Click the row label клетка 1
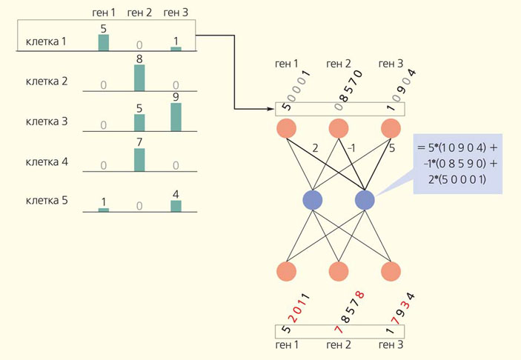(46, 41)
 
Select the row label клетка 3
(46, 120)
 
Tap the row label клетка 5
(46, 200)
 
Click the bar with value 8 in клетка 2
(139, 78)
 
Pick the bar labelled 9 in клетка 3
(176, 116)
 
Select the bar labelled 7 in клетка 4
(139, 159)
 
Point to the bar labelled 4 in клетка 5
(176, 206)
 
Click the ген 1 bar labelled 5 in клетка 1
(104, 42)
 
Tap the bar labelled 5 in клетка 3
(139, 122)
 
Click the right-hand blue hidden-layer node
(365, 200)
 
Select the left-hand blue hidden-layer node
(313, 200)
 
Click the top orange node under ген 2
(339, 129)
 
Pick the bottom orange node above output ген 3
(391, 272)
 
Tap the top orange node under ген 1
(287, 129)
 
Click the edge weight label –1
(352, 147)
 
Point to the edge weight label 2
(316, 147)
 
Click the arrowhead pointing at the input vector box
(271, 109)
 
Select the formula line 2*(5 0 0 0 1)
(457, 179)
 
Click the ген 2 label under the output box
(339, 345)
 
